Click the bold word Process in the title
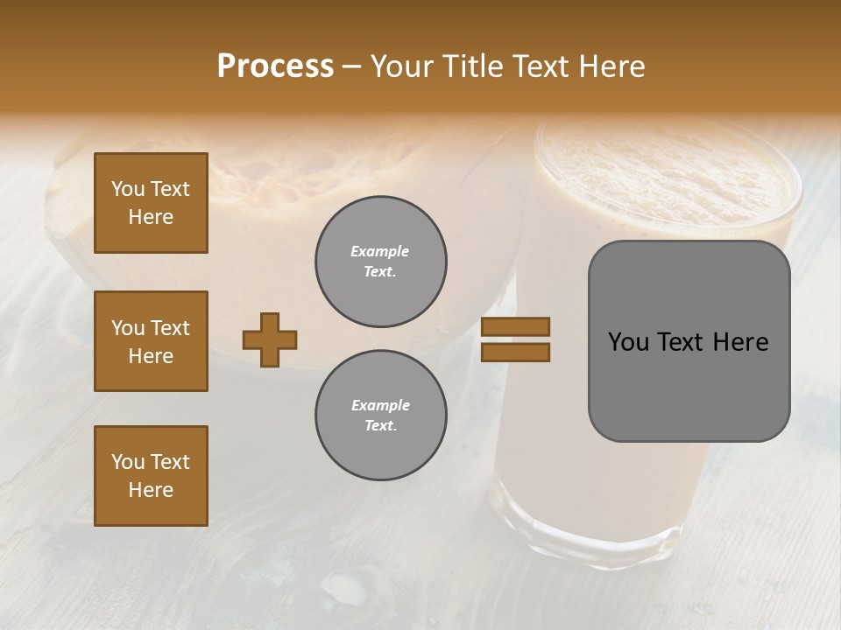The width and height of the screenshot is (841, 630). point(275,66)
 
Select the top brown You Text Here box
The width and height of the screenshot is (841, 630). point(151,203)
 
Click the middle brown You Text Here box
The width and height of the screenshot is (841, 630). point(151,341)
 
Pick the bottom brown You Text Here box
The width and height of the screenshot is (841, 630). point(151,476)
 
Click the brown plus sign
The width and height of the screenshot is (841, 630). point(270,339)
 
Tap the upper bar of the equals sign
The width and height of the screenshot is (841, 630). point(515,326)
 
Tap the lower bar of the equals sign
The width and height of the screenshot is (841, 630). point(515,352)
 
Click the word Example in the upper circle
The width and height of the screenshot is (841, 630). point(380,251)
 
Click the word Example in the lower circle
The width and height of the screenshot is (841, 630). point(380,405)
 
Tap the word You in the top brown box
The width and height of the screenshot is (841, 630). point(127,189)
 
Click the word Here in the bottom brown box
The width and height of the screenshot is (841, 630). point(151,490)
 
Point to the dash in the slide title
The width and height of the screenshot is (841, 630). point(352,66)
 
